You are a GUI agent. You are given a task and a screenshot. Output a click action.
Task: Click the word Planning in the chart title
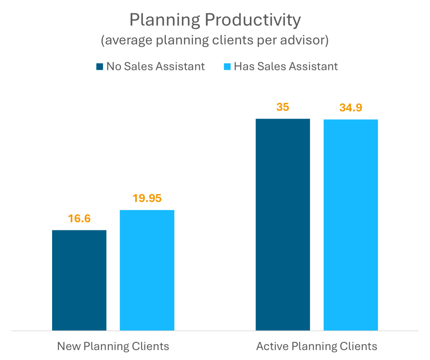[162, 20]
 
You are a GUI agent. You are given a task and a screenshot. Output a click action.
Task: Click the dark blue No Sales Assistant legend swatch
[100, 66]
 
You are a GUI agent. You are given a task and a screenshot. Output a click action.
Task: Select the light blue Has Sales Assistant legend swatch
[227, 66]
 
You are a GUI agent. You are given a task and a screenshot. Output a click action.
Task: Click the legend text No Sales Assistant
[155, 66]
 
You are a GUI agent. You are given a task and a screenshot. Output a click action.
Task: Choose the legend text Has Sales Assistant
[286, 66]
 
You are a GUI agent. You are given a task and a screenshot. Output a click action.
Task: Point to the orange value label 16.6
[79, 218]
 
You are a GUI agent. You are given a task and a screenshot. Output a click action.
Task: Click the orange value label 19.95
[147, 198]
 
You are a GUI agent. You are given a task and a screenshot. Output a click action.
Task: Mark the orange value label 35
[283, 107]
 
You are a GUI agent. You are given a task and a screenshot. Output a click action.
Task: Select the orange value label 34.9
[351, 108]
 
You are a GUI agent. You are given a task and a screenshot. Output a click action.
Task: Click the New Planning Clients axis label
[113, 346]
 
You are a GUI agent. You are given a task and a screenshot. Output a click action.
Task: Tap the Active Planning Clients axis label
[317, 346]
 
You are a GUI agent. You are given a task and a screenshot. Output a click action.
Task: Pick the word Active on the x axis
[270, 346]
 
